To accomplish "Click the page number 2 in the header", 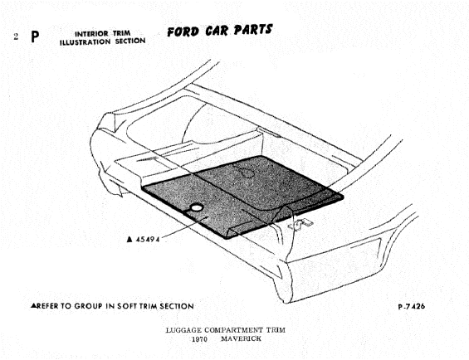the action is point(16,36).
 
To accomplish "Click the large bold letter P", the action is point(35,36).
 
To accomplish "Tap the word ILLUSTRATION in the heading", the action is point(85,42).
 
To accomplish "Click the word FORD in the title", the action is point(183,32).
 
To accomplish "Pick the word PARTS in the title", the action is point(253,30).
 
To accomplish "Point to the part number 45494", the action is point(148,240).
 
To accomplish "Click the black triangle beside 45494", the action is point(129,239).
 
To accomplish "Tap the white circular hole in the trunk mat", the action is point(197,207).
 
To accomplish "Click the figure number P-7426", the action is point(411,306).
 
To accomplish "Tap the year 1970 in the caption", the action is point(199,339).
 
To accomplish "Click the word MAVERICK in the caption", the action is point(241,338).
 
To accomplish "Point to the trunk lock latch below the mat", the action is point(300,224).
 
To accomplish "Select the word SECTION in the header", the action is point(130,41).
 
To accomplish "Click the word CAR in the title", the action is point(217,31).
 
